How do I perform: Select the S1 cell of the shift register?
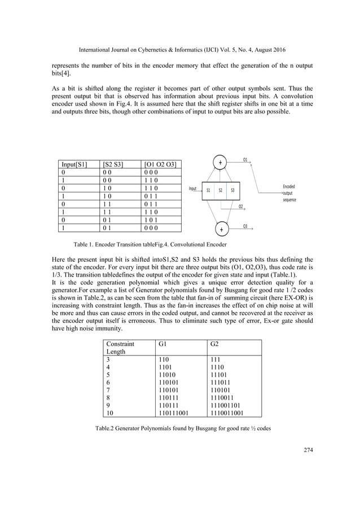208,191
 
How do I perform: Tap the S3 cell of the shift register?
232,191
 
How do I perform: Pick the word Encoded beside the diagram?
288,186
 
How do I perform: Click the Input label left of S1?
193,190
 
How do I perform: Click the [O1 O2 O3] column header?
160,165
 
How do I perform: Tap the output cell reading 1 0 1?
151,219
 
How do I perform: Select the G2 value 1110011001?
227,413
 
